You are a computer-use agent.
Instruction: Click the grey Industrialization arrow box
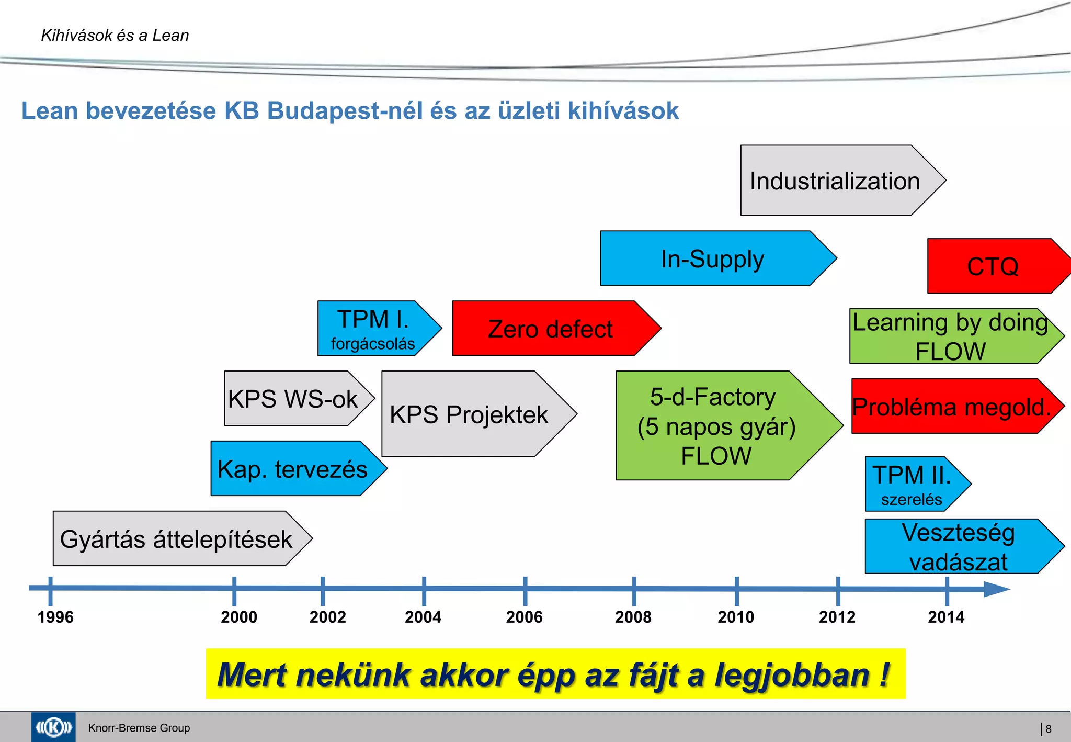pos(834,181)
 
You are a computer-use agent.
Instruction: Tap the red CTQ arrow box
pos(992,266)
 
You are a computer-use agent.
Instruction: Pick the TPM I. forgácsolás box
pos(372,329)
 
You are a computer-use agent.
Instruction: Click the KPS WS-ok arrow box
pos(293,399)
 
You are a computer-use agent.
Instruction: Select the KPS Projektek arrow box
pos(469,414)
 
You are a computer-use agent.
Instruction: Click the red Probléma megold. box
pos(950,407)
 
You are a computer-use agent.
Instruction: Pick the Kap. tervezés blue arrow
pos(292,469)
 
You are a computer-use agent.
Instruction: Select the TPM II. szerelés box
pos(911,485)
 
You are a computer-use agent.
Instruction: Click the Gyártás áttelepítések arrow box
pos(176,539)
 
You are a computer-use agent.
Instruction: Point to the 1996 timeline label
pos(55,617)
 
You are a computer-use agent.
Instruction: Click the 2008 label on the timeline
pos(633,617)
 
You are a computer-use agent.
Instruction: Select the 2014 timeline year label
pos(946,617)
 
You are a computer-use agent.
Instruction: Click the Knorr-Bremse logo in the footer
pos(53,727)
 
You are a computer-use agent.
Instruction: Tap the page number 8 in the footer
pos(1048,728)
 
